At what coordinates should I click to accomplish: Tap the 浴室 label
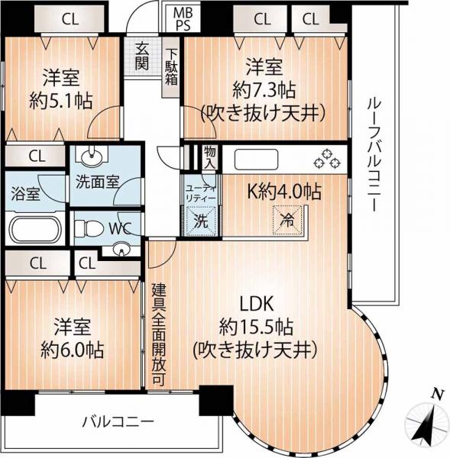point(25,194)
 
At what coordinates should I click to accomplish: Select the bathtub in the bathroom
point(36,229)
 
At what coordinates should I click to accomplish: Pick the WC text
point(122,227)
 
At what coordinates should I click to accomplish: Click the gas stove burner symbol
point(328,159)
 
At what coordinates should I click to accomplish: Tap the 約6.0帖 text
point(73,351)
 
